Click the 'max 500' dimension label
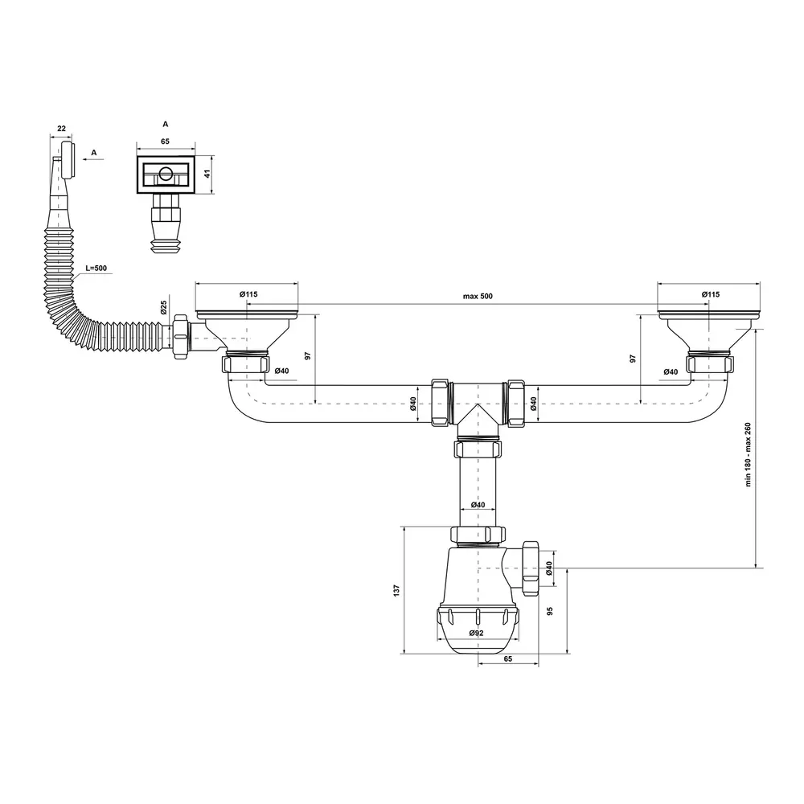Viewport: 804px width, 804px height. (x=478, y=297)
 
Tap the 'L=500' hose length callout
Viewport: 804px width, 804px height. (x=96, y=269)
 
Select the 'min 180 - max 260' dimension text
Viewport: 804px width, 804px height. (x=748, y=454)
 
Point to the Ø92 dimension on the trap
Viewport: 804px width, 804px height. (x=476, y=633)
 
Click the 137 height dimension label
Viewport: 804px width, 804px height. (x=396, y=591)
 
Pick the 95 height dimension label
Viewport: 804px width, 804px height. (x=550, y=611)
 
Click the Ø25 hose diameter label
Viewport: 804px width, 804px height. (x=163, y=307)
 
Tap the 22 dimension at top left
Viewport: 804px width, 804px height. (x=62, y=128)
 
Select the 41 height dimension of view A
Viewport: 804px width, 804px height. (x=207, y=174)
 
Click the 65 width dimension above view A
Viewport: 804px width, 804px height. (x=165, y=142)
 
